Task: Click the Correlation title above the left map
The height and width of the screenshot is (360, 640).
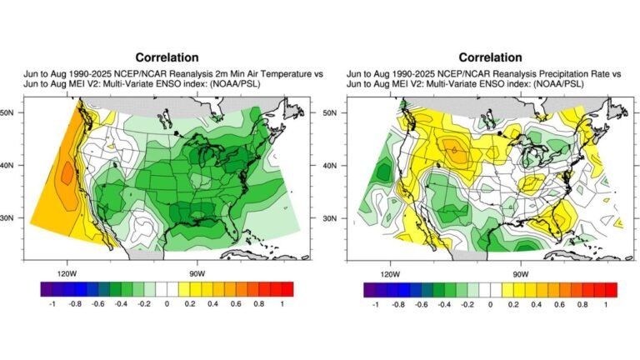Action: coord(158,57)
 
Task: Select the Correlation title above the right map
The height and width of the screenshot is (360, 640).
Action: coord(490,57)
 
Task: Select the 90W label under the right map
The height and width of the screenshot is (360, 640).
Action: coord(519,272)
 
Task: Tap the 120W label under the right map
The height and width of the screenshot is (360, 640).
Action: coord(389,272)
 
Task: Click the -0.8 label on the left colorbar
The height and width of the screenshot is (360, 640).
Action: coord(72,306)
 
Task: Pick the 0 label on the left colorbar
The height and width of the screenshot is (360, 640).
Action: coord(167,306)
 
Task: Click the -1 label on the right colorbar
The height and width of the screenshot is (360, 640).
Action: coord(373,306)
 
